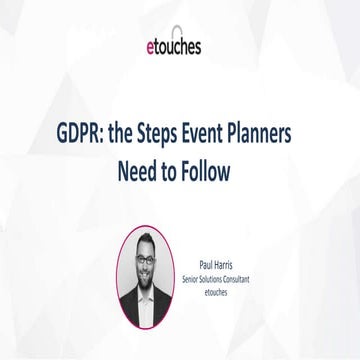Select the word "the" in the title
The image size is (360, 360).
tap(138, 136)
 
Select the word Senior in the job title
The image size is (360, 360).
tap(190, 280)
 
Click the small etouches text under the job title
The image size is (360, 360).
tap(217, 293)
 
